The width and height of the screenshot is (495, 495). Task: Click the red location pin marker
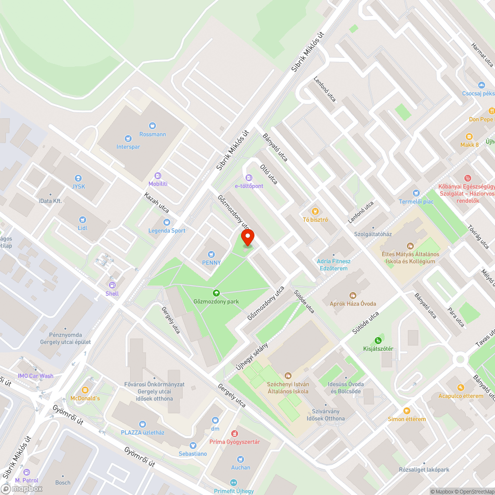247,238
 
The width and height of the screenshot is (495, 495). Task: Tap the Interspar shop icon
128,139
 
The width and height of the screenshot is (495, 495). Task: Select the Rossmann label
152,134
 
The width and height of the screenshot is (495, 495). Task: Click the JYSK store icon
78,178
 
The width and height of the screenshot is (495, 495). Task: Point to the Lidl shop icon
83,219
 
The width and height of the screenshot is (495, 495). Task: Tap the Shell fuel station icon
112,285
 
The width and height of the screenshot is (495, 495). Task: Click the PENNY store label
211,262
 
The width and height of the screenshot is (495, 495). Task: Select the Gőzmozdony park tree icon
216,293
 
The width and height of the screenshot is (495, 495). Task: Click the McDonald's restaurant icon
85,390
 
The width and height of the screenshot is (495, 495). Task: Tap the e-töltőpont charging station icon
248,178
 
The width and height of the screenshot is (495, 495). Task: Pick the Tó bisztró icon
316,211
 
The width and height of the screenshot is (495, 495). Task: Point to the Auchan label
241,467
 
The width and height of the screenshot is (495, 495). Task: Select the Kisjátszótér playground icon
378,340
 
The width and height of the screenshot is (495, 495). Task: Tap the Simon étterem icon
406,410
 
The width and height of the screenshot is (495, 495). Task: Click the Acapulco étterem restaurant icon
461,388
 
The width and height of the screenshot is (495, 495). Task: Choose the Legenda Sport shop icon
167,222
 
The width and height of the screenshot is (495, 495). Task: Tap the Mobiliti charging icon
158,175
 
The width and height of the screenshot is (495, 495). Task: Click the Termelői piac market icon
416,193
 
